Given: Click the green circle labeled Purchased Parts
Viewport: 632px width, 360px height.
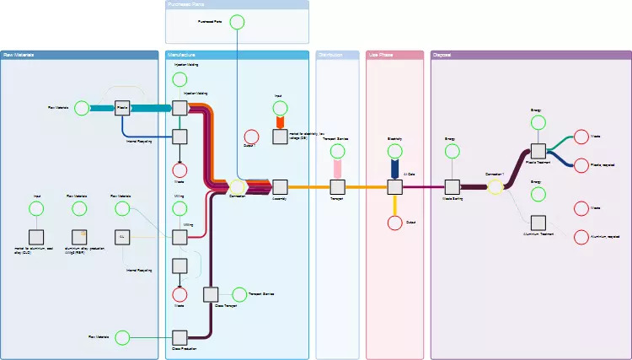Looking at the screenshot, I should [238, 21].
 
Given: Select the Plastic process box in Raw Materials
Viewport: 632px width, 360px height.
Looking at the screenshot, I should [122, 108].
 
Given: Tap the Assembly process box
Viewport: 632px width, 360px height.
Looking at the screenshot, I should [280, 186].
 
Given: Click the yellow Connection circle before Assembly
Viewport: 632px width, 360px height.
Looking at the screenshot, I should [238, 186].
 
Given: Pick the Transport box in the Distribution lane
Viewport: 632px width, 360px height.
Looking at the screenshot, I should [337, 186].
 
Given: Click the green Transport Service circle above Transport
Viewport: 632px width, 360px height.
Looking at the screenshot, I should [337, 152].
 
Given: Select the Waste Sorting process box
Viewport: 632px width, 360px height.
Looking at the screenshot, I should [452, 186].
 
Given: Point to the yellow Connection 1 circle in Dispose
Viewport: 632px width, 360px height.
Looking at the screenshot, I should [495, 186].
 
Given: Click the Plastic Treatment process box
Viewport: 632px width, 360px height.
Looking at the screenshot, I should [538, 151].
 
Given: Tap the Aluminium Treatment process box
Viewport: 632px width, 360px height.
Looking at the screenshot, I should [538, 222].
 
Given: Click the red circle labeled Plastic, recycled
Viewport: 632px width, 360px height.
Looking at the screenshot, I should [581, 166].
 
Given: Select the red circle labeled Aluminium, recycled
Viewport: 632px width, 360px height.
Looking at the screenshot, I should [581, 238].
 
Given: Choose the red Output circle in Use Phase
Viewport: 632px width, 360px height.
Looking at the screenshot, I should [394, 223].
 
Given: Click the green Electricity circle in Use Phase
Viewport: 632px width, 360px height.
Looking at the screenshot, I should [394, 152].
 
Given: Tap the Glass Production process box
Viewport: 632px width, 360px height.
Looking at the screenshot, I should [179, 337].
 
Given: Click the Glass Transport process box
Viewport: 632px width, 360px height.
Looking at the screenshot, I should [211, 294].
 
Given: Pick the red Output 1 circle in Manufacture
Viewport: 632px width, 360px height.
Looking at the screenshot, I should [250, 137].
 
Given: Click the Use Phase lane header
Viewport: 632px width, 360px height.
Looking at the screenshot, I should [394, 56].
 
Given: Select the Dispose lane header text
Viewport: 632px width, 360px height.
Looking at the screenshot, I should [442, 56].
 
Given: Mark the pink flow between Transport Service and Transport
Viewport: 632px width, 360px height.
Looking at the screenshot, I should [337, 169].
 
